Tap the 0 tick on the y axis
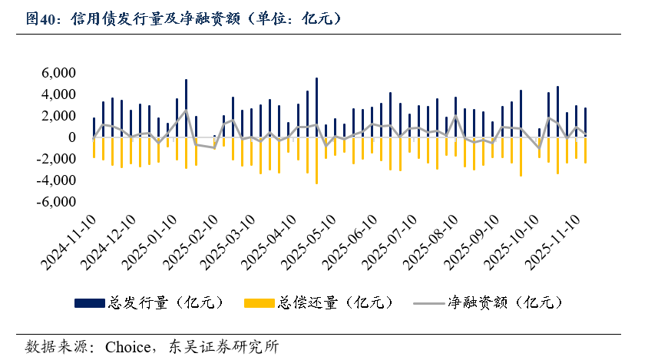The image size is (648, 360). point(71,137)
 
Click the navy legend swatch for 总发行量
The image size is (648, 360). point(91,303)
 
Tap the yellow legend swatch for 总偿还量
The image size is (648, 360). point(259,303)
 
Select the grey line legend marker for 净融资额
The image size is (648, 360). point(427,303)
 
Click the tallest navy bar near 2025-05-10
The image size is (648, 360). point(316,107)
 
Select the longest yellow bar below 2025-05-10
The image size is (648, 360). point(316,160)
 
